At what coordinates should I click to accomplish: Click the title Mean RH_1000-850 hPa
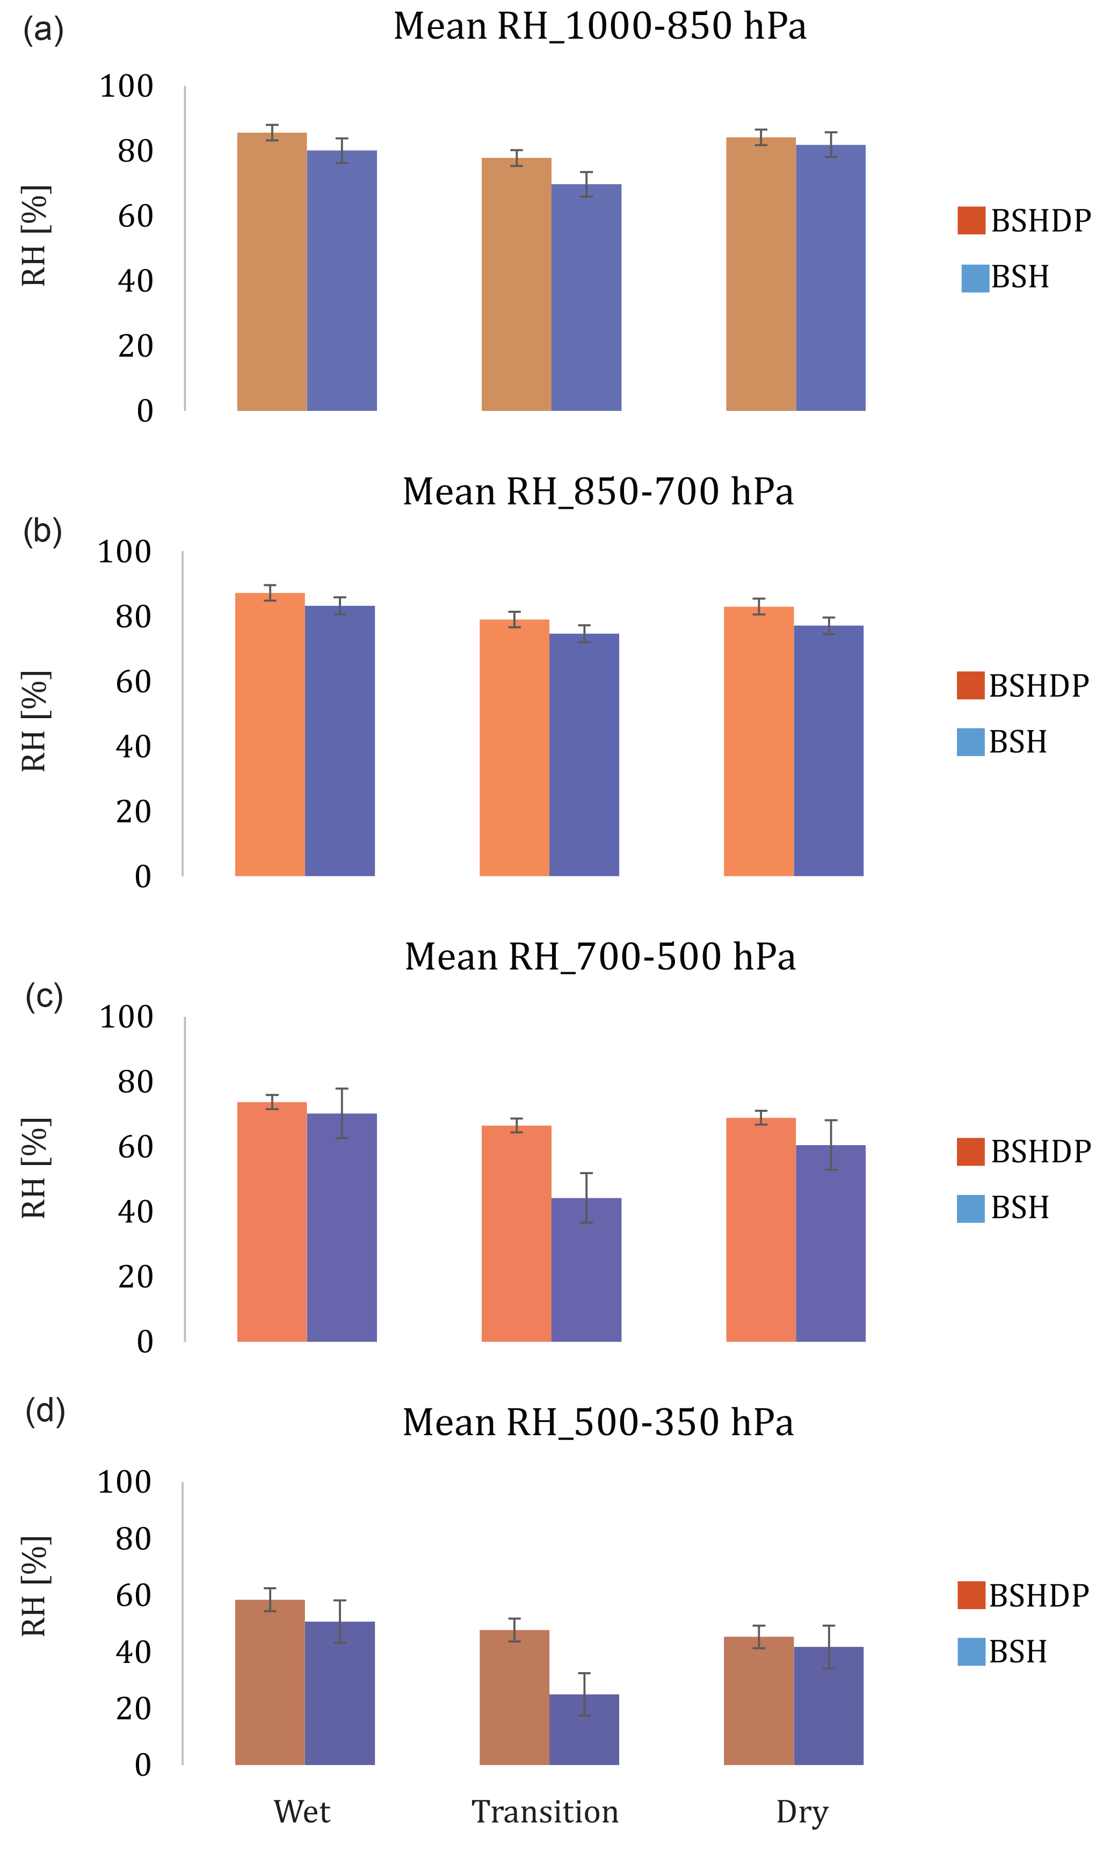[600, 27]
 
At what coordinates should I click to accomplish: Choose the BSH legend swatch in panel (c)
[970, 1209]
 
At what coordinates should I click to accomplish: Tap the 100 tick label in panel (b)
[124, 552]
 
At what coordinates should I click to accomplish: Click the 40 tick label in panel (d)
[133, 1652]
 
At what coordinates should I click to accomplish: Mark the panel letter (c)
[44, 997]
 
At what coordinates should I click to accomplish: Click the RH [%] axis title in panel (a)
[34, 236]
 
